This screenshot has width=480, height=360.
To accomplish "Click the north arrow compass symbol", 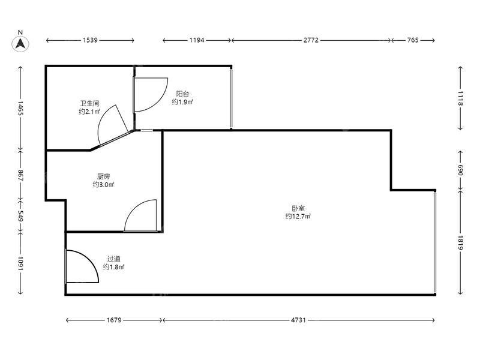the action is pos(20,44).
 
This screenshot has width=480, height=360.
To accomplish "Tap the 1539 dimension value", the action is pos(90,40).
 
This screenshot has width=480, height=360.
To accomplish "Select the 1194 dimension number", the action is pos(197,40).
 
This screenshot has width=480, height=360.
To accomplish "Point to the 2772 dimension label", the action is pos(311,40).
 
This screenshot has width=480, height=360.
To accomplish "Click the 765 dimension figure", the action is pos(413,40).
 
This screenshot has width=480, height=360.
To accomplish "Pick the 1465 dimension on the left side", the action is pos(20,108).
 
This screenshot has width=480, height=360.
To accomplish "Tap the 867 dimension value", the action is pos(20,175).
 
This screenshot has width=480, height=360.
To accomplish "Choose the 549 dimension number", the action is pos(20,216).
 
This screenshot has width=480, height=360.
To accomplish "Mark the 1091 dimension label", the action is pos(20,263).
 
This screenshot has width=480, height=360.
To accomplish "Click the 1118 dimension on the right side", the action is pos(460,98).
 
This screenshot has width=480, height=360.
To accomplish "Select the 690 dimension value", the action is pos(460,170).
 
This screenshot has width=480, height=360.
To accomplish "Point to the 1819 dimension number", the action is pos(460,242).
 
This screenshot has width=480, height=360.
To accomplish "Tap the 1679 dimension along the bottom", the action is pos(114,320).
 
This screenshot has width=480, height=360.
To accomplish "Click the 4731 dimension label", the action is pos(298,320).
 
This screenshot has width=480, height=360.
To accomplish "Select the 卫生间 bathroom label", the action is pos(89,103).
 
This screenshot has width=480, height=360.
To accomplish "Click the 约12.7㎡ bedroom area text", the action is pos(298,217).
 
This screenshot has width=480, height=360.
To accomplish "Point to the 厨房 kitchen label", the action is pos(103,176).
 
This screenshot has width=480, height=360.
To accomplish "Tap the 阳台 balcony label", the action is pos(182,94).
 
